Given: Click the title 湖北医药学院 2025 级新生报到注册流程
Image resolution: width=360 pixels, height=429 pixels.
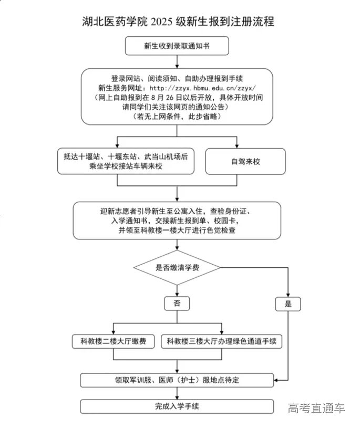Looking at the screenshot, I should coord(178,22).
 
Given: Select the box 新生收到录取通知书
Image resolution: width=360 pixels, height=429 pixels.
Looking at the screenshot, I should coord(177,46).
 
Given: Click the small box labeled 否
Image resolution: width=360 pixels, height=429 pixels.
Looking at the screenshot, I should coord(177,304).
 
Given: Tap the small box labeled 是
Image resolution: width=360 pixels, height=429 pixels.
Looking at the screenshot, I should coord(287,304).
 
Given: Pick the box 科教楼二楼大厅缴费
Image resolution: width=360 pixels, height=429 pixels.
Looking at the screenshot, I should coord(114,342).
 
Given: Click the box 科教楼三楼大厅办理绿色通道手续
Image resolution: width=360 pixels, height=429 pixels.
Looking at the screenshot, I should coord(221,342).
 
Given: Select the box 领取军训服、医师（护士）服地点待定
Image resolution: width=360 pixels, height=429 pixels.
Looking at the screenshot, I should coord(177,379).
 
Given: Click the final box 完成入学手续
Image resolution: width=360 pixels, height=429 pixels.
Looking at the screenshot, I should coord(177,406).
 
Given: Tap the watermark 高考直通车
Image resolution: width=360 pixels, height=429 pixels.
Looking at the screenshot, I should coord(316,408).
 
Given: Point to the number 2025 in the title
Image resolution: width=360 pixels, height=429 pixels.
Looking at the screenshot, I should coord(163,22).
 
